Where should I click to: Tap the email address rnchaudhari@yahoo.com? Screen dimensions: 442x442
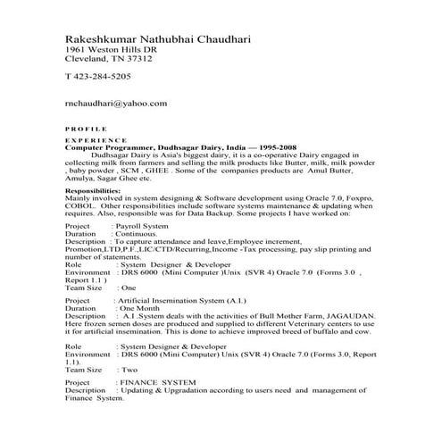click(117, 103)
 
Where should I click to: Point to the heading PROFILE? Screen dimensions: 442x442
click(87, 129)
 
